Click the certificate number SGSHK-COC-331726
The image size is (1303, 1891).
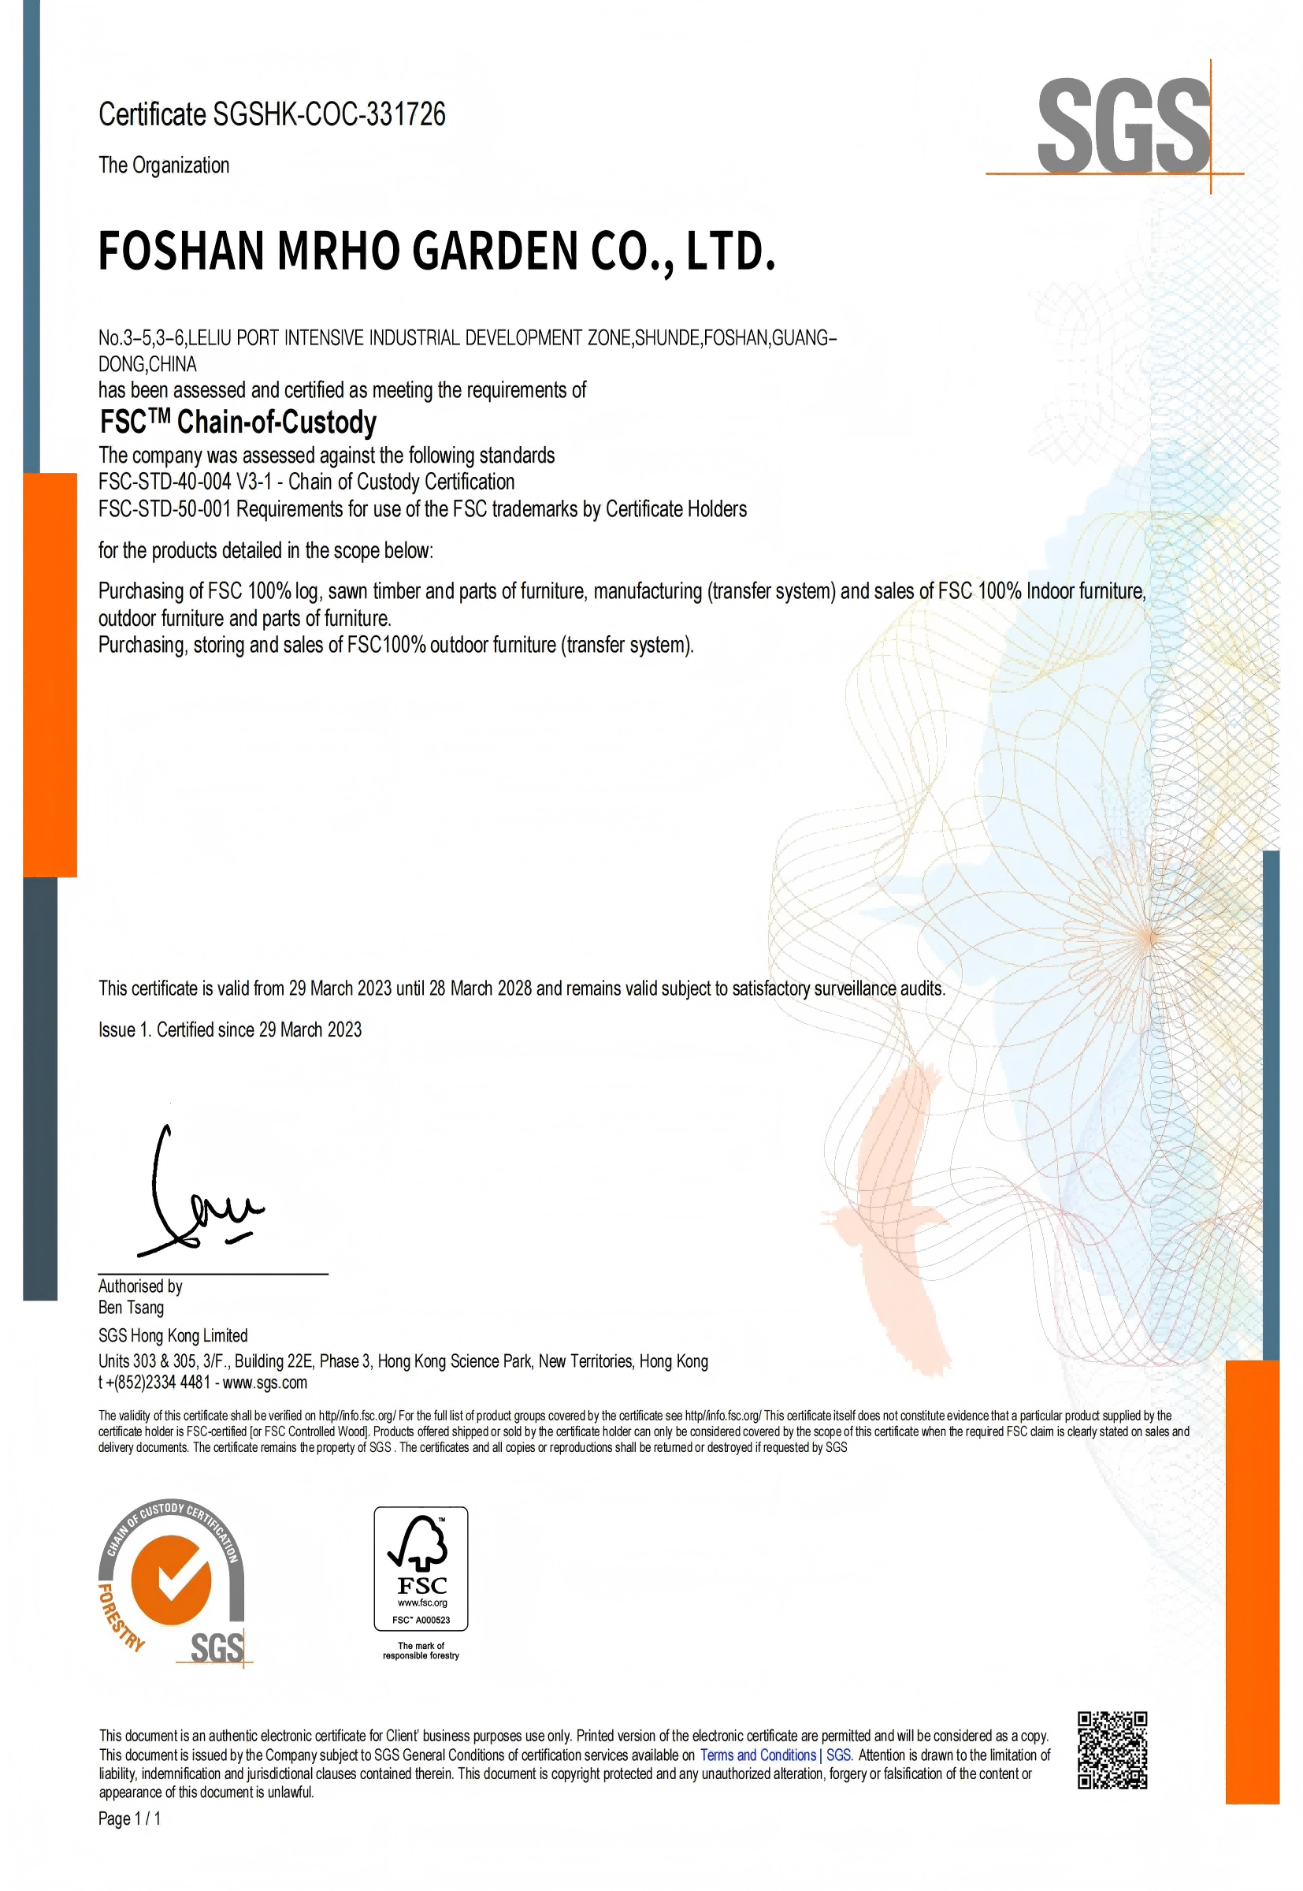coord(329,114)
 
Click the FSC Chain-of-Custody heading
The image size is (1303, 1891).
coord(238,422)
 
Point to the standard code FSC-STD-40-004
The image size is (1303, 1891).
coord(164,482)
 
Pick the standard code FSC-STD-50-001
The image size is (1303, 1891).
coord(164,509)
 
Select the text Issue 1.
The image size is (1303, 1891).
coord(124,1029)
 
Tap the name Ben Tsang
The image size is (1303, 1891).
coord(131,1307)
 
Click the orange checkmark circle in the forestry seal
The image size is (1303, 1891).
coord(172,1580)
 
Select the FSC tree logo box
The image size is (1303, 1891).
coord(421,1569)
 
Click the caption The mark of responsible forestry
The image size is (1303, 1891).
coord(421,1650)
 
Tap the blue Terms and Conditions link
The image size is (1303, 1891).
coord(759,1755)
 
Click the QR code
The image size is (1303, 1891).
coord(1112,1751)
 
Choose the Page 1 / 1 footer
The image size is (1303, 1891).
coord(129,1818)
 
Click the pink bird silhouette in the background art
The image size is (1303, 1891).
coord(898,1209)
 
